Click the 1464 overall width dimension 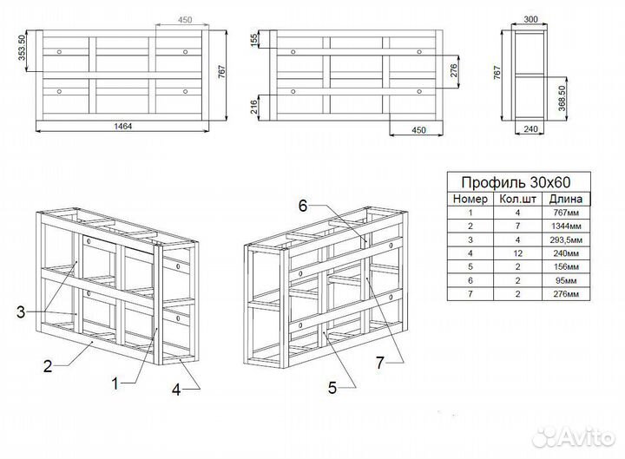pyautogui.click(x=122, y=127)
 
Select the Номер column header pyautogui.click(x=469, y=198)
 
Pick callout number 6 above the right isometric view pyautogui.click(x=302, y=206)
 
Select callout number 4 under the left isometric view pyautogui.click(x=176, y=390)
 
